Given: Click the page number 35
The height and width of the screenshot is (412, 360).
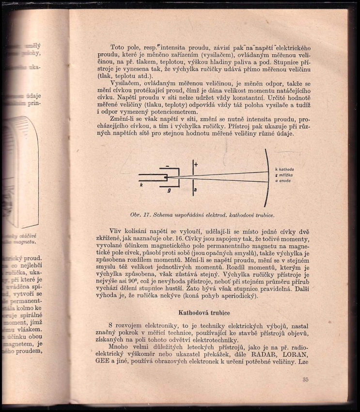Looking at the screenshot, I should [x=305, y=379].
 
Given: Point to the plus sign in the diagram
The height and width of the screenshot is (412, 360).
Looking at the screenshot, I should [x=196, y=164].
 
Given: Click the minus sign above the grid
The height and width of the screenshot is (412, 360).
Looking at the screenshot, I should [x=167, y=166].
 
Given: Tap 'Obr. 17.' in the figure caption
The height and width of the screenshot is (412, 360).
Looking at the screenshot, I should [x=139, y=214].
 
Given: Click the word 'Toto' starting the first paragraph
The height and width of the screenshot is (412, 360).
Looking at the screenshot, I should [x=118, y=47].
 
